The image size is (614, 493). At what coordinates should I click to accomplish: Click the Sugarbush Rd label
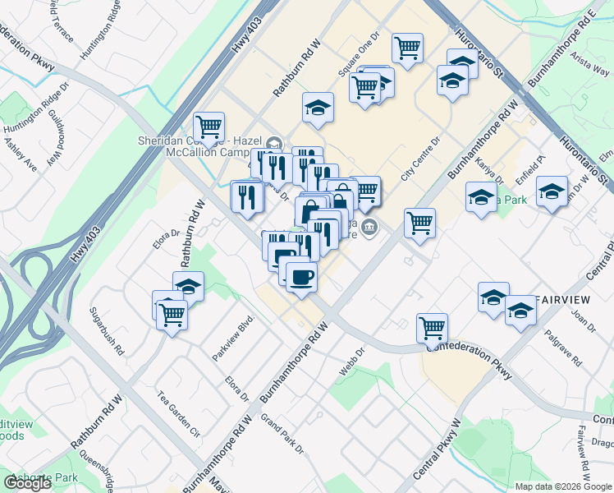click(108, 339)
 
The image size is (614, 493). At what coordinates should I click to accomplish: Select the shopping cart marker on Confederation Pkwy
click(432, 327)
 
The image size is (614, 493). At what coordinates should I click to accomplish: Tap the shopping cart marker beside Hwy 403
click(209, 127)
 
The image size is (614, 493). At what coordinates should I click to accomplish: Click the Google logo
click(27, 483)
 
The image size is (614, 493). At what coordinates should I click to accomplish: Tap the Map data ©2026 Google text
click(563, 486)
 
